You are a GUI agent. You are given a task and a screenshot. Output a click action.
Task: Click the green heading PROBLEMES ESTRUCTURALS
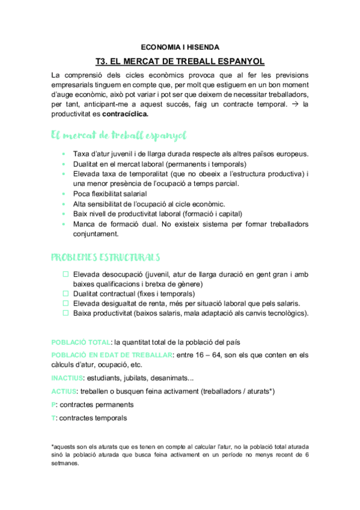[105, 257]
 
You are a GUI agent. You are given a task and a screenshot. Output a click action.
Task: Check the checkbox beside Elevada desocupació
[66, 274]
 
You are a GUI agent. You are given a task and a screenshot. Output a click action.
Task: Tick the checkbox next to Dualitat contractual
[66, 293]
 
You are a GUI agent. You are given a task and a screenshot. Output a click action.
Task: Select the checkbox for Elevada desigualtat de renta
[66, 303]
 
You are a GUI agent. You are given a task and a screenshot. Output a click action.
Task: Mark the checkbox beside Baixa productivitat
[66, 313]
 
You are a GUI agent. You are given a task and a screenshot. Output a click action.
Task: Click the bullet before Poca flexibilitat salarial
[64, 194]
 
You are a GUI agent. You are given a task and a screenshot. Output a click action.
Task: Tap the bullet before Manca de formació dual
[64, 224]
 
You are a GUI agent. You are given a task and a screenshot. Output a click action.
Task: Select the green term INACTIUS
[67, 378]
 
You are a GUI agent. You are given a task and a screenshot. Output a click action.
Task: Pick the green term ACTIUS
[63, 392]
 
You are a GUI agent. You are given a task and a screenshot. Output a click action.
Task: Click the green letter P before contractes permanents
[53, 405]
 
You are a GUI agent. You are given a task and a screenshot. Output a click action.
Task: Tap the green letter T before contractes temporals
[53, 418]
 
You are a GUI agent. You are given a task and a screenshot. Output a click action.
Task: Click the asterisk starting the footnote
[53, 446]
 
